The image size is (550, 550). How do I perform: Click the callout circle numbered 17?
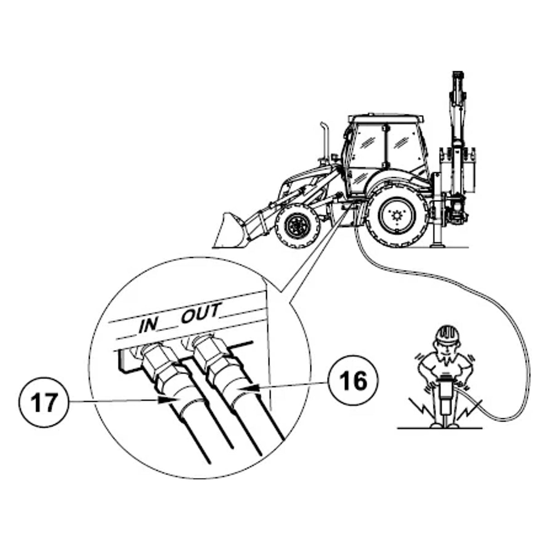tap(43, 402)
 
